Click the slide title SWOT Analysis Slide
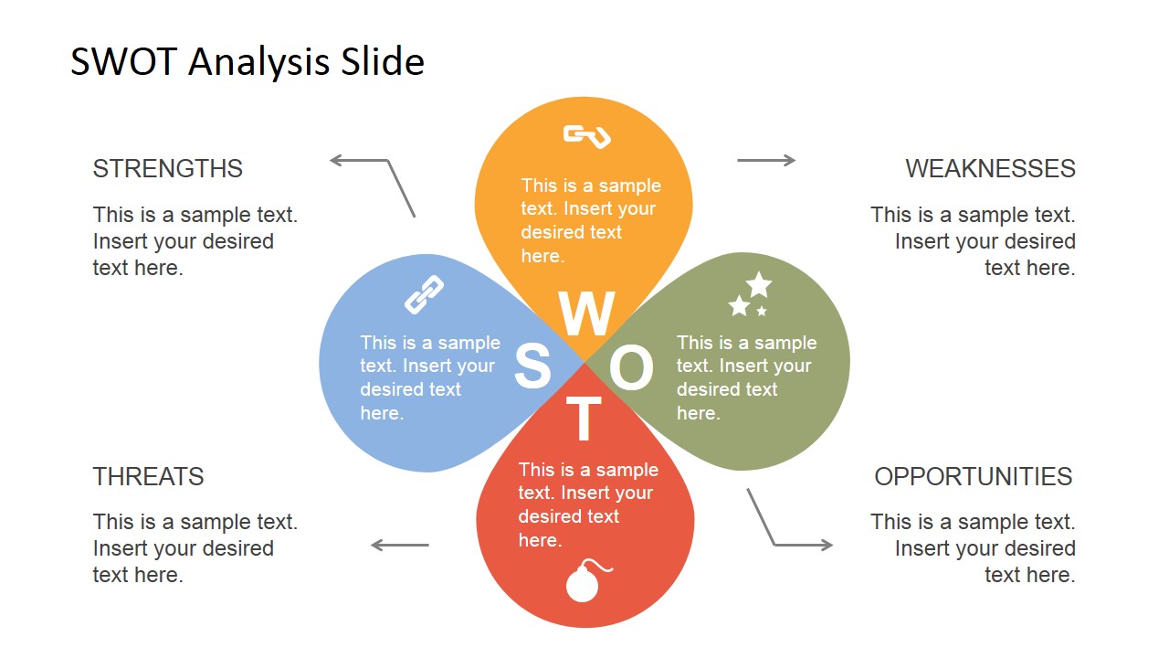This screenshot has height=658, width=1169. click(247, 61)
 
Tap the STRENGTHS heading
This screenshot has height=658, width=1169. click(167, 169)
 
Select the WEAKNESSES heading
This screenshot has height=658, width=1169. click(990, 169)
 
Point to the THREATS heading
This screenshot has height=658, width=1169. click(148, 476)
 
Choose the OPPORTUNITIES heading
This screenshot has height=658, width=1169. click(974, 476)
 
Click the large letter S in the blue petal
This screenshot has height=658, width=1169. click(532, 366)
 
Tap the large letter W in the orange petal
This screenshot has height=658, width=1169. click(586, 313)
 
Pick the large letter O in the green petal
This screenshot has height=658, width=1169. click(631, 367)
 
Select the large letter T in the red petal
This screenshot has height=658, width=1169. click(584, 418)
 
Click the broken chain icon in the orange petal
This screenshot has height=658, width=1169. click(586, 136)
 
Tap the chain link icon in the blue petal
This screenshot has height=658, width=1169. click(425, 294)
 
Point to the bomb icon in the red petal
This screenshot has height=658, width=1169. click(587, 580)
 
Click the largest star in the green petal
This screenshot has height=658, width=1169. click(759, 284)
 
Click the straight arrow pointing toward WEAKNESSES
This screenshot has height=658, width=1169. click(766, 160)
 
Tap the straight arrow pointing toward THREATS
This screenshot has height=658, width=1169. click(400, 546)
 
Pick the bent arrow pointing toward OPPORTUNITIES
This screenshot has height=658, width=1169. click(774, 544)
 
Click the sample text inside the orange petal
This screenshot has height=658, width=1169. click(591, 220)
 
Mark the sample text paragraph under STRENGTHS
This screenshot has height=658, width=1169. click(195, 240)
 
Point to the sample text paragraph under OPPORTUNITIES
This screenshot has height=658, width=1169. click(973, 547)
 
